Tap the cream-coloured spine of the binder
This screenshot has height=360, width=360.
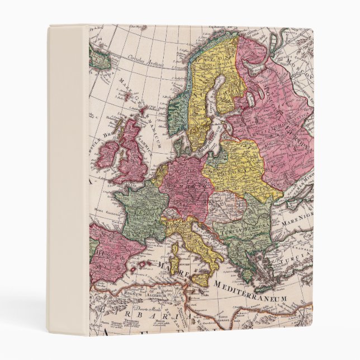pyautogui.click(x=67, y=179)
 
